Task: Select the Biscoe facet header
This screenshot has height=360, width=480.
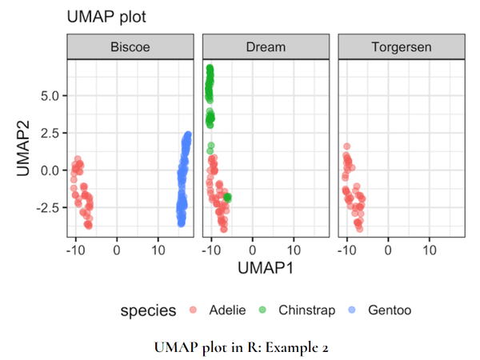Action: [130, 47]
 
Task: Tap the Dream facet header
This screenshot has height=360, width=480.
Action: [266, 47]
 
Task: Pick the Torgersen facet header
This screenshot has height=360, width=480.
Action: [402, 47]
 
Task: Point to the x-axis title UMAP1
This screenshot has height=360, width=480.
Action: [266, 269]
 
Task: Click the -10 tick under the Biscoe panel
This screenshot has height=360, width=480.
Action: [75, 249]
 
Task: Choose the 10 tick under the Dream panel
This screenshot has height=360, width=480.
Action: [293, 249]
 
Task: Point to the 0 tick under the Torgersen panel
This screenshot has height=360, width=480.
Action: [388, 249]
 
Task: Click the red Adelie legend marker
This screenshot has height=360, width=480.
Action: [193, 310]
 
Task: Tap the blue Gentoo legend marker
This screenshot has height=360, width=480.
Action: [351, 310]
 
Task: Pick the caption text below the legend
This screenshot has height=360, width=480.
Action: [241, 347]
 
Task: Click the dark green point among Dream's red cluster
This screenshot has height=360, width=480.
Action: [228, 197]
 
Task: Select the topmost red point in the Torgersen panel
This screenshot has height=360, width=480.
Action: [347, 146]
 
